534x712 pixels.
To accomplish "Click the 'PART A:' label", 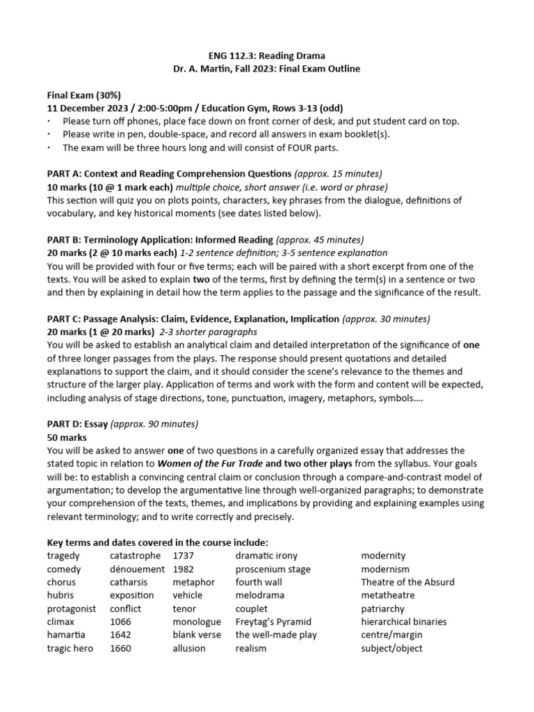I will [66, 174].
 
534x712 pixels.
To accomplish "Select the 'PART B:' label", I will [66, 240].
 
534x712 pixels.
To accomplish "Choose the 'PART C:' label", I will [66, 319].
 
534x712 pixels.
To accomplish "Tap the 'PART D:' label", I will [66, 424].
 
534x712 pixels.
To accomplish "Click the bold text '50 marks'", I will [67, 437].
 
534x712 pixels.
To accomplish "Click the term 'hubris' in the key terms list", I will [60, 595].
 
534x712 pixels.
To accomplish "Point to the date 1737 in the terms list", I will [184, 556].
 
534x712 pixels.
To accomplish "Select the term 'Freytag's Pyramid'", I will [273, 622].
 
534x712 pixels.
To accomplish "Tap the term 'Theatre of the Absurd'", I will [407, 582].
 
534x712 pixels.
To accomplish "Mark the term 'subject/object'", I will [391, 648].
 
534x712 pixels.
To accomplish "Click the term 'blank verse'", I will [197, 635].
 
